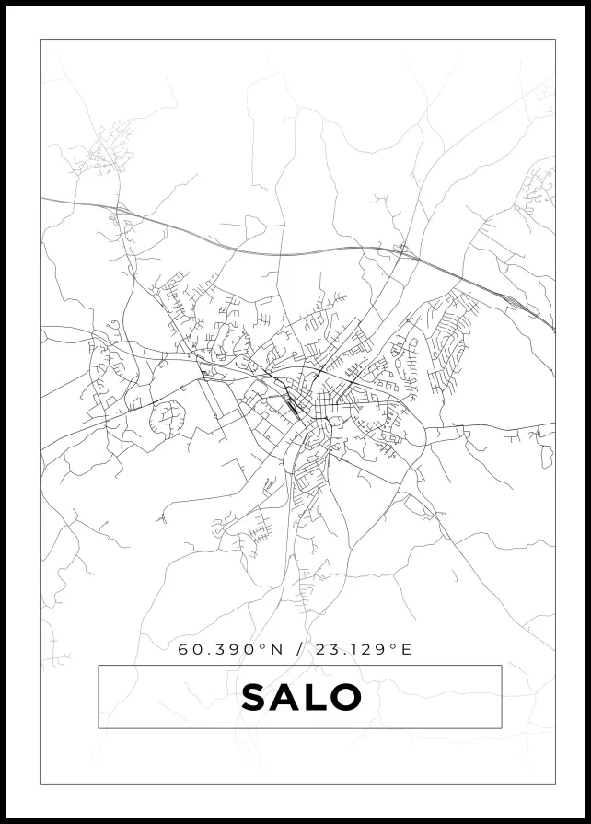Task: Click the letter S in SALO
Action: click(255, 698)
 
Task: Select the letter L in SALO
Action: click(315, 698)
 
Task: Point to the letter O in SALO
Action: click(344, 698)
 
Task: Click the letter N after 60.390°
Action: click(275, 649)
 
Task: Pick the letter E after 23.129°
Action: click(406, 649)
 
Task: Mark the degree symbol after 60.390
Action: click(262, 646)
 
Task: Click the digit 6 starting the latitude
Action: click(183, 649)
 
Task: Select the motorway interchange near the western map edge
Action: click(118, 214)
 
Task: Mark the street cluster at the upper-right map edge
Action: click(539, 189)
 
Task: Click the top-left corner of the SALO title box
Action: click(98, 666)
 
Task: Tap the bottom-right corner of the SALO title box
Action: click(501, 727)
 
